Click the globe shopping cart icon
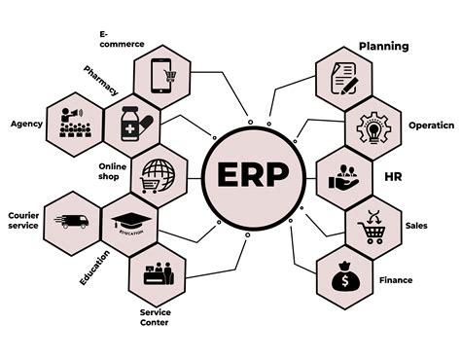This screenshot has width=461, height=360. [x=158, y=175]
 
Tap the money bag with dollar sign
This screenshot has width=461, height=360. [x=346, y=279]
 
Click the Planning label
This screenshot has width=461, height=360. [x=384, y=46]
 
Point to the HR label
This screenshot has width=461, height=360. [x=394, y=177]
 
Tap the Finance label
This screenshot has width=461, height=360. [x=396, y=280]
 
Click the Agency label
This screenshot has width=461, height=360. [x=26, y=124]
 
